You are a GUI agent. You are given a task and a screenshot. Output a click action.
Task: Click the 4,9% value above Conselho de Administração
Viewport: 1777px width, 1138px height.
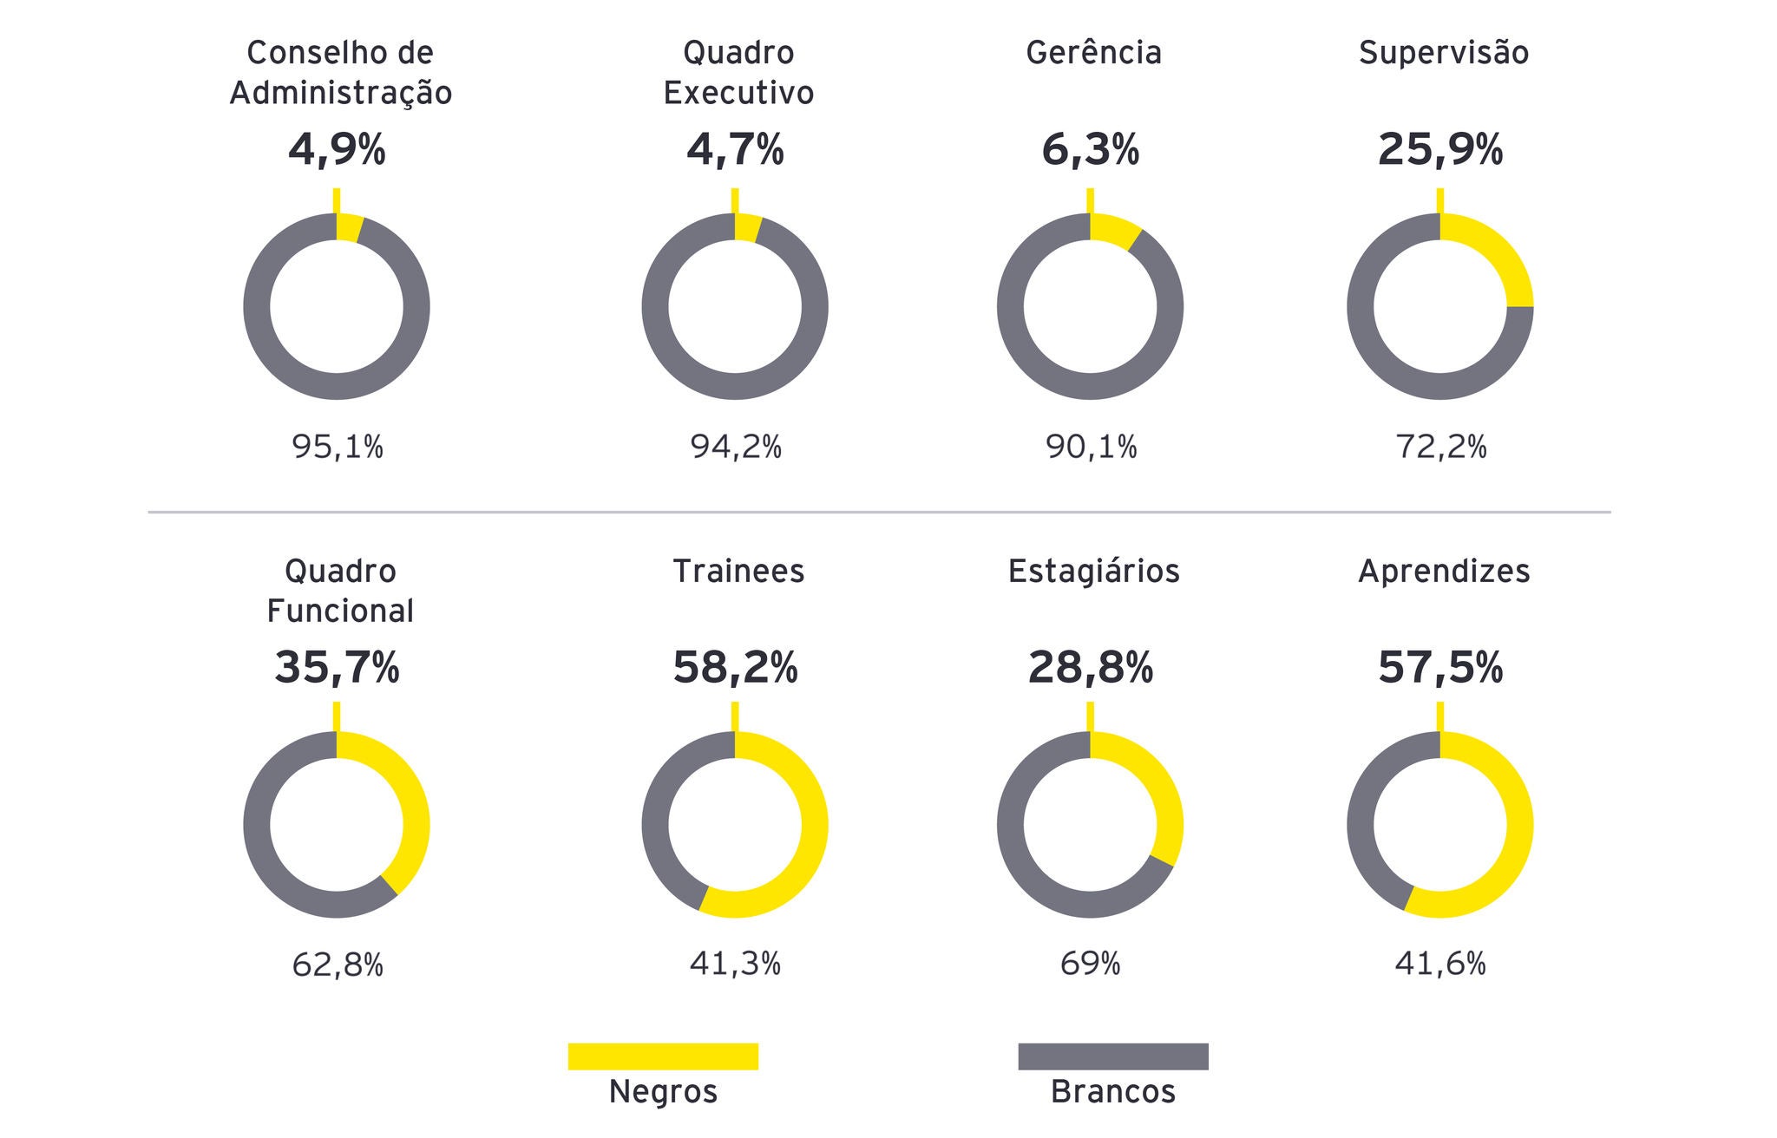click(x=337, y=150)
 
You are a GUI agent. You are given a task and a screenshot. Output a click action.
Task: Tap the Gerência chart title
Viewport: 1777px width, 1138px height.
click(x=1093, y=53)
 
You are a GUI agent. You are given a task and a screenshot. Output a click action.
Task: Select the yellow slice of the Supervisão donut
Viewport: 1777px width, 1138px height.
click(x=1505, y=256)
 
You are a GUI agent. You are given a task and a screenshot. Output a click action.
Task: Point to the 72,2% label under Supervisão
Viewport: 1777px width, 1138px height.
click(x=1440, y=447)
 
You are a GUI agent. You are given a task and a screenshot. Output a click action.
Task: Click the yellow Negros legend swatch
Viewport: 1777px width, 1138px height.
click(x=663, y=1056)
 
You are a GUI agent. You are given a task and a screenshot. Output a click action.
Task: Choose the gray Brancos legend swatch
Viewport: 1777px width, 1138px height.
click(x=1112, y=1056)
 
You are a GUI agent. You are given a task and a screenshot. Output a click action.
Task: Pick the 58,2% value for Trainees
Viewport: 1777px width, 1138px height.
click(x=735, y=668)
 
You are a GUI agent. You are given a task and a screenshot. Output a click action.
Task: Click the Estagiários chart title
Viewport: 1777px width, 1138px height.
click(x=1093, y=571)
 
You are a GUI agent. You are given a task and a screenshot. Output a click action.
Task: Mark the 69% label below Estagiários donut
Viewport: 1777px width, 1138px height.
click(x=1090, y=964)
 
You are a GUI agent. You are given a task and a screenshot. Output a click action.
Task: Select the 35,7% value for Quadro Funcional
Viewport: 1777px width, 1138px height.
click(x=337, y=668)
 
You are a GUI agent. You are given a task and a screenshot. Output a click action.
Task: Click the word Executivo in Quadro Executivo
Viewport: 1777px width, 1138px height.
click(x=738, y=93)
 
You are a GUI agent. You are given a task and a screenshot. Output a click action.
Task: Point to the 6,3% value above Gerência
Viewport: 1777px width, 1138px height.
click(x=1090, y=150)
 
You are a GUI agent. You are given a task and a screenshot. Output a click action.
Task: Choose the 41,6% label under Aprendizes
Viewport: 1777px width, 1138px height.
click(x=1440, y=964)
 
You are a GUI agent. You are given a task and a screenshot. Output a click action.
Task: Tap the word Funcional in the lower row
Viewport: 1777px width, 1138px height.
click(x=340, y=611)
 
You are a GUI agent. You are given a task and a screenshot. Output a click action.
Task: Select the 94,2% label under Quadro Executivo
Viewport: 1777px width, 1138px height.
click(x=736, y=447)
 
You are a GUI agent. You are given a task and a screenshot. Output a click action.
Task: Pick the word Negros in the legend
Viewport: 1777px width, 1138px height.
click(x=663, y=1091)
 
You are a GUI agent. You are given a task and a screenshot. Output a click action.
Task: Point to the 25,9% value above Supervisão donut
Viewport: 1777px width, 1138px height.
click(x=1440, y=150)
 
